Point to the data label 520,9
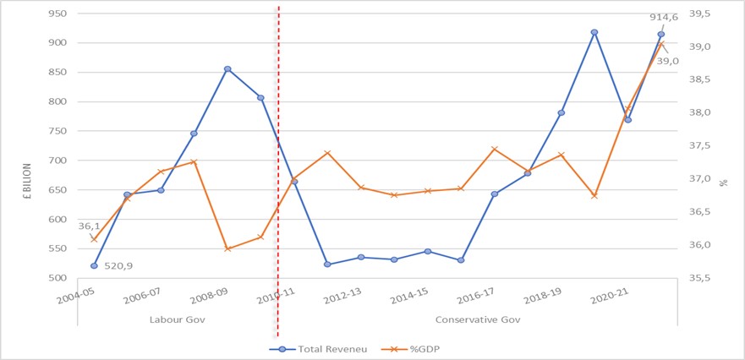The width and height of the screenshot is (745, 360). (119, 265)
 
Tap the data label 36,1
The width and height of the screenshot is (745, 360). (89, 226)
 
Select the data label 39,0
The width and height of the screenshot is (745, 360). (668, 60)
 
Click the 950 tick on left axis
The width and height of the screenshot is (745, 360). (58, 14)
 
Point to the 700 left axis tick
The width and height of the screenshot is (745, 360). (58, 161)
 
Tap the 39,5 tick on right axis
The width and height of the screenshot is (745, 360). (714, 14)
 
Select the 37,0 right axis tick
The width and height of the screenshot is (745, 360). (714, 179)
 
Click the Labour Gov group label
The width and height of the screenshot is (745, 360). (177, 319)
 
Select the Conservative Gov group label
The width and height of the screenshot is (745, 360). (477, 319)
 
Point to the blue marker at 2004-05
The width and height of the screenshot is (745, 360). (94, 265)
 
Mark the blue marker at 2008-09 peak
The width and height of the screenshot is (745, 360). (227, 69)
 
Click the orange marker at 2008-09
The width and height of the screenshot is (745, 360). (227, 248)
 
